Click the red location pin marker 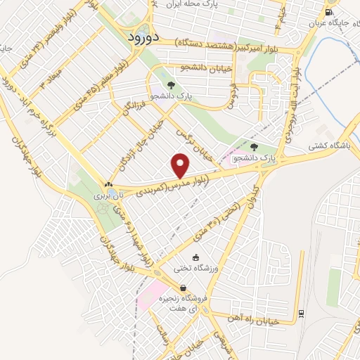pos(181,166)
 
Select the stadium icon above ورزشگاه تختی pos(195,258)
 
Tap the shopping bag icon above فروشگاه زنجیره pos(183,288)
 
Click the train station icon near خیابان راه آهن pos(301,313)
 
